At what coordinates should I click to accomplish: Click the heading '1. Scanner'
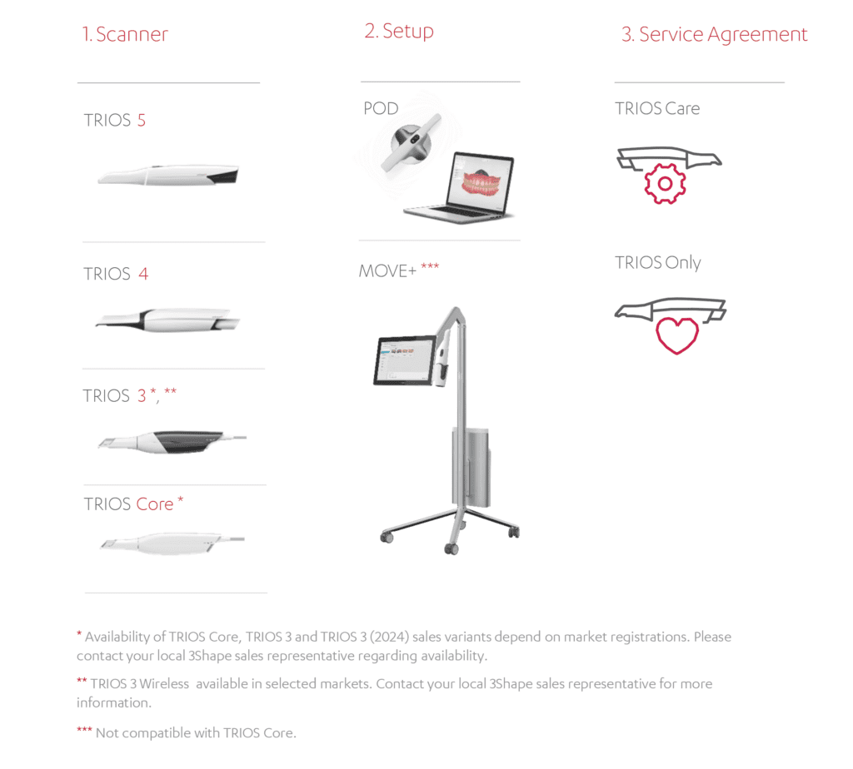click(125, 34)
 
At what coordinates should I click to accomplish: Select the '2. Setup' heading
click(399, 32)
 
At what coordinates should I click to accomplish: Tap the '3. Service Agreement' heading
click(714, 35)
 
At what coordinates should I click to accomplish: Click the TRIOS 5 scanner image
click(168, 175)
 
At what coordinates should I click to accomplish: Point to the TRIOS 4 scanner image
click(167, 320)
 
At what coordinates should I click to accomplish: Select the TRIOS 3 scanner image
click(172, 441)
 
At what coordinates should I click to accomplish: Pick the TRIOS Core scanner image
click(172, 543)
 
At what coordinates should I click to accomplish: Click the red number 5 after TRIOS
click(142, 120)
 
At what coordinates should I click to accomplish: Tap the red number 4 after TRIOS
click(143, 273)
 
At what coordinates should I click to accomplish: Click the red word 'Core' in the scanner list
click(154, 504)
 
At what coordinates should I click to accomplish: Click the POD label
click(381, 109)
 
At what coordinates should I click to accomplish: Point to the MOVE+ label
click(387, 270)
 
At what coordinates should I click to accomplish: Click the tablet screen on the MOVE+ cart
click(405, 360)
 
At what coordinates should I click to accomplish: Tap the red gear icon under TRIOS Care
click(665, 184)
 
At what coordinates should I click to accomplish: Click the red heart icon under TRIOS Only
click(676, 335)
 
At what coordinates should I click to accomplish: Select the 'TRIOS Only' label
click(658, 263)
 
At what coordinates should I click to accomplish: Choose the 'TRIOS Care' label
click(657, 109)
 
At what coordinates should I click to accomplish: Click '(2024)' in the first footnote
click(390, 637)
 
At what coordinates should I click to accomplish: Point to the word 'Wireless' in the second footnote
click(164, 683)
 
